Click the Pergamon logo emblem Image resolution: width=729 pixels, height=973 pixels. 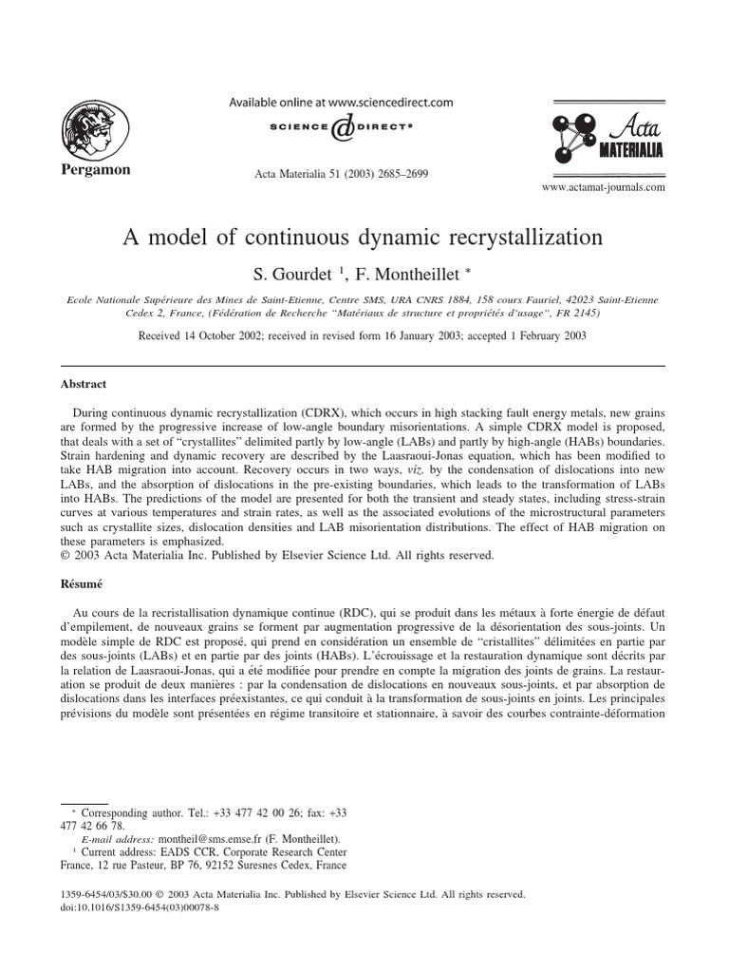click(95, 129)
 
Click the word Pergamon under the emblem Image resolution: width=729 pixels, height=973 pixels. click(96, 170)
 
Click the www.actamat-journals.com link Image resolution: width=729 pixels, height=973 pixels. click(603, 187)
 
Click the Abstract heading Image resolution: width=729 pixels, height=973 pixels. click(84, 384)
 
